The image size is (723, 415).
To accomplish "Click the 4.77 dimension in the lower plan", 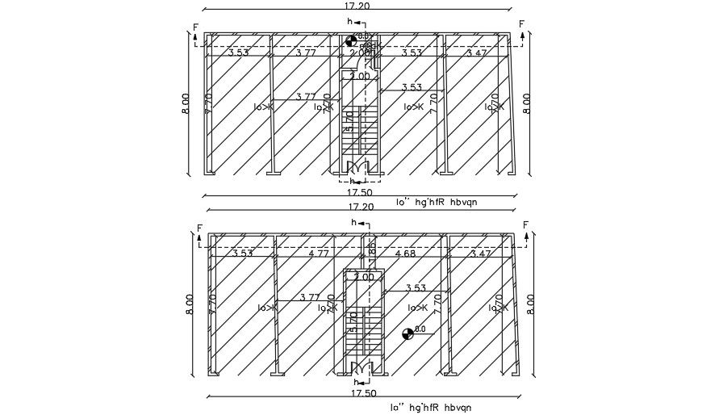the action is click(319, 253).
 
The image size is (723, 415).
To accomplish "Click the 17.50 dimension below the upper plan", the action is click(359, 193).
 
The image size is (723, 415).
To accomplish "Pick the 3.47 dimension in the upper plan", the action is click(478, 52).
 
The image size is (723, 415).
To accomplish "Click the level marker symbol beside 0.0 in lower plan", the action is click(408, 332).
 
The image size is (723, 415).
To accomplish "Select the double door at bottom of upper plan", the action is click(358, 167).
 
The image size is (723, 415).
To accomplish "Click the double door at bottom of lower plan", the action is click(361, 371).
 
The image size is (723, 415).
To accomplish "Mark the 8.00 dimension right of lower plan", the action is click(530, 304).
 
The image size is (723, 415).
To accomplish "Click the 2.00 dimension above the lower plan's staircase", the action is click(365, 277).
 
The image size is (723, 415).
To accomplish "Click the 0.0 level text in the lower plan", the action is click(420, 329).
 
